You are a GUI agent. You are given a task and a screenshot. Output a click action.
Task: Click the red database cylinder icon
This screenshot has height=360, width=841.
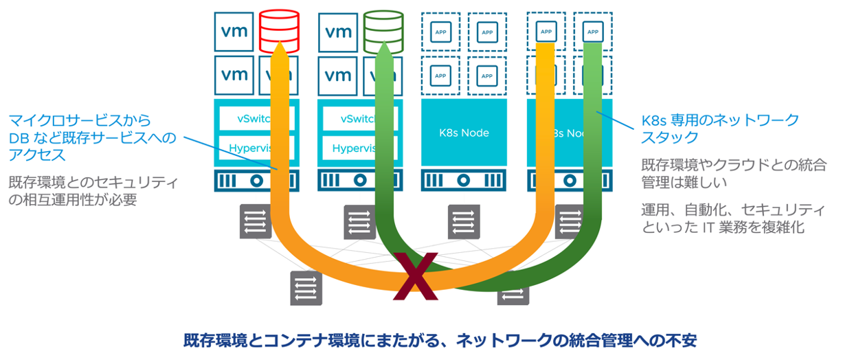[280, 28]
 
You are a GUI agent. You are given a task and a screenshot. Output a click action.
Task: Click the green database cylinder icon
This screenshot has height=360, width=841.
[384, 28]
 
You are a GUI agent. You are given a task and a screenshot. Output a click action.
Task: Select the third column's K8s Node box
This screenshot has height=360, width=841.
[463, 132]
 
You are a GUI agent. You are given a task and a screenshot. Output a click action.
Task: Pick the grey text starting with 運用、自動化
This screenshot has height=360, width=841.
[724, 218]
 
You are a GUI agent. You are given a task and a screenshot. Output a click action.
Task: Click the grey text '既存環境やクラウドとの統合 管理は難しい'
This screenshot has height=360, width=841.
[724, 175]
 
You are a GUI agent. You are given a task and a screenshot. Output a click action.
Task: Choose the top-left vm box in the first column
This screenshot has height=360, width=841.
[235, 30]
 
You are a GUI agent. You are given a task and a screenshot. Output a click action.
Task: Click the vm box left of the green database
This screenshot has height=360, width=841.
[339, 30]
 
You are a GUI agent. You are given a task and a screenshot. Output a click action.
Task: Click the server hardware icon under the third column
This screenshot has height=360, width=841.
[463, 180]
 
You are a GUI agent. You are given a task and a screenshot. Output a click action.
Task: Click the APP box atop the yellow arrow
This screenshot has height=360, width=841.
[547, 31]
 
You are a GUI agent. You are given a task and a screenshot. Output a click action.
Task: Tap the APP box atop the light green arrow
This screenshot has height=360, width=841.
[592, 31]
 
